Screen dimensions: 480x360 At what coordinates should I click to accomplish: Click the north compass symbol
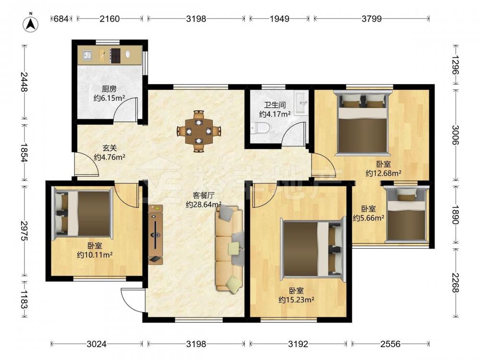point(31,24)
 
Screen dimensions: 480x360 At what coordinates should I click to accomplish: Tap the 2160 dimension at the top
point(109,19)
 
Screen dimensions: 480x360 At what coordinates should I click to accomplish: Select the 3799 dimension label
point(372,19)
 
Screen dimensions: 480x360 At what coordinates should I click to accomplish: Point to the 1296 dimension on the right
point(456,65)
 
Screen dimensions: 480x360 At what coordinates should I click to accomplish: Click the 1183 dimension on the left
point(24,300)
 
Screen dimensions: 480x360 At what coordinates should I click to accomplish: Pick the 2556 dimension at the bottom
point(390,344)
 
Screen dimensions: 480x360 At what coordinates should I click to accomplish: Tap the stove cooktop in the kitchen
point(115,55)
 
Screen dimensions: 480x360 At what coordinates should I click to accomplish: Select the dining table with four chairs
point(199,131)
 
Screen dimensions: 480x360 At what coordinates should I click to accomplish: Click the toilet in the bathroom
point(260,128)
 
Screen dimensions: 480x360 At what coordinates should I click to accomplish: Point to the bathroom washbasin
point(301,103)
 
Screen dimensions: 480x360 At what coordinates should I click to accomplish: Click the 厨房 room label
point(109,89)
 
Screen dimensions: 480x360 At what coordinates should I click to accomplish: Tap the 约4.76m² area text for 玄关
point(109,157)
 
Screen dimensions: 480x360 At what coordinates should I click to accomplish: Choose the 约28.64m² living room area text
point(204,204)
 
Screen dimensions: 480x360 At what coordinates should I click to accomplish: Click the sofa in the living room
point(229,248)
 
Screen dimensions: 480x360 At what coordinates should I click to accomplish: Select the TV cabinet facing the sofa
point(156,235)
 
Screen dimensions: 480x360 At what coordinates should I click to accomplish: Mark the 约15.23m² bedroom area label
point(296,300)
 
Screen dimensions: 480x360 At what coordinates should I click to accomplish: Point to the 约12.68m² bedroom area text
point(384,173)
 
